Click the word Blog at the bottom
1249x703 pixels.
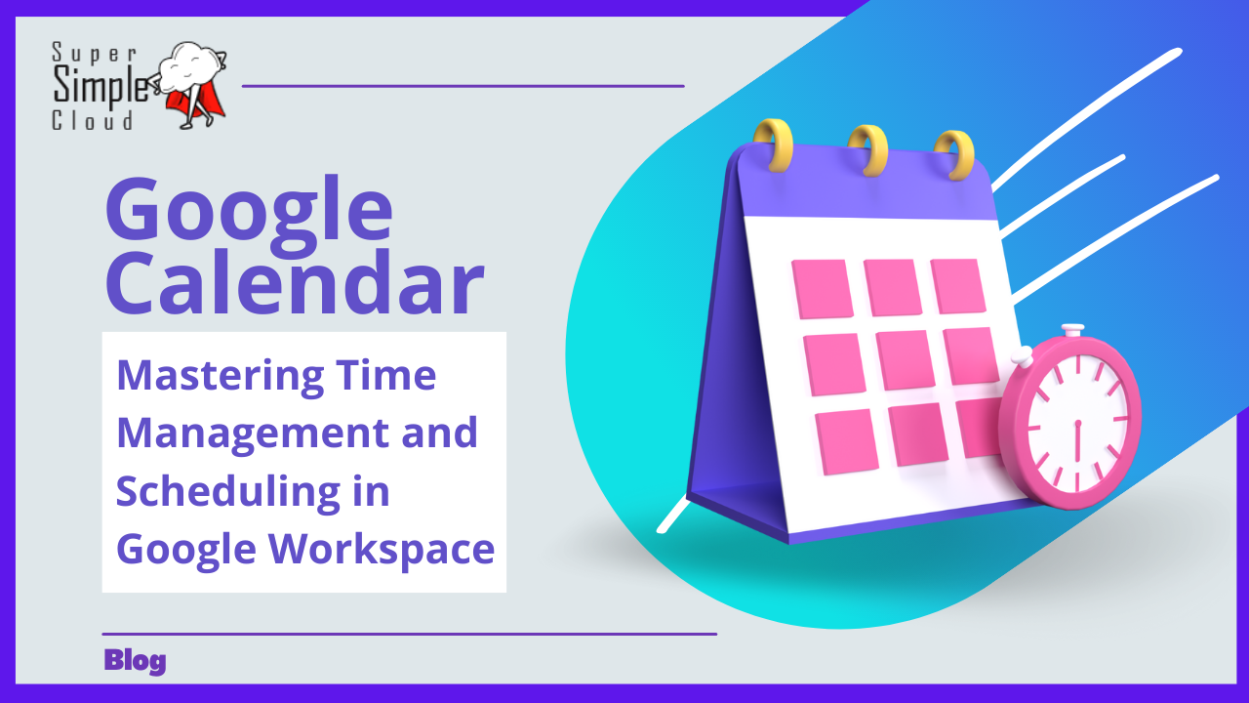(135, 662)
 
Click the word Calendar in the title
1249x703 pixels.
(295, 283)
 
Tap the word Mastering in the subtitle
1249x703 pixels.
(221, 378)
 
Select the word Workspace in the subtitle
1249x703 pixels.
(382, 550)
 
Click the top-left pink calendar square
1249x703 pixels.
(823, 289)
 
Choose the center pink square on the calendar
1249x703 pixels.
(905, 360)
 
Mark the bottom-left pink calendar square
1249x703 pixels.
(846, 442)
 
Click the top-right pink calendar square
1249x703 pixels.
(958, 286)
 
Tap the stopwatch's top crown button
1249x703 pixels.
(1072, 329)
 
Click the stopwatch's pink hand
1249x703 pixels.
(1077, 440)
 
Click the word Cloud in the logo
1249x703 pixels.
(93, 121)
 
